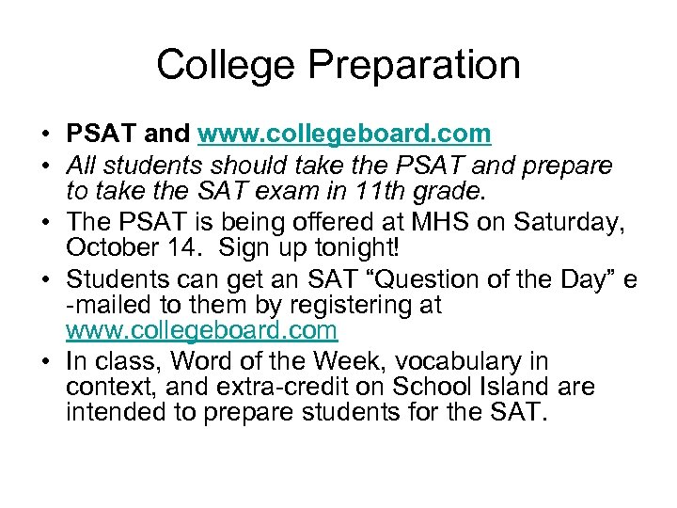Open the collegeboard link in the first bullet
click(x=344, y=134)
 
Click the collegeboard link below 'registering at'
click(x=201, y=330)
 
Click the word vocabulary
click(x=445, y=360)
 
